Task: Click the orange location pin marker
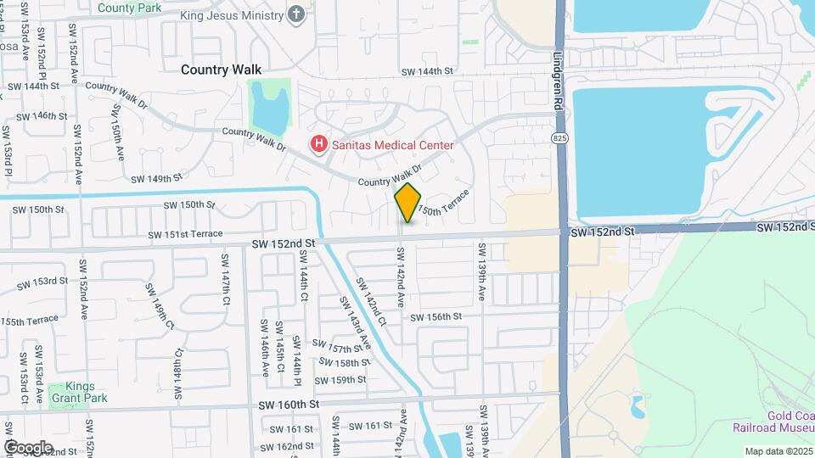[x=408, y=203]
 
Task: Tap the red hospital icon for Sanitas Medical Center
[x=319, y=145]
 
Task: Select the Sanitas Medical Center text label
[x=392, y=145]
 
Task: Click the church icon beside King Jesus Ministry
[x=295, y=14]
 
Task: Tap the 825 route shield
[x=559, y=137]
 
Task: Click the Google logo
[x=28, y=447]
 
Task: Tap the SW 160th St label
[x=289, y=405]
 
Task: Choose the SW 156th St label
[x=436, y=316]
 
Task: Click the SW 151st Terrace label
[x=185, y=234]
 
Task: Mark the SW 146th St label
[x=42, y=115]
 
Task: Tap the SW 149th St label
[x=157, y=179]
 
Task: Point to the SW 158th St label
[x=344, y=362]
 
